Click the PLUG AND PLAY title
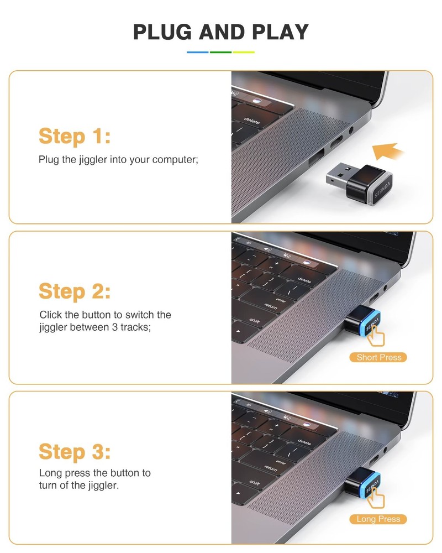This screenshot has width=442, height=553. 221,32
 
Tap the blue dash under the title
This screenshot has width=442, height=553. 198,52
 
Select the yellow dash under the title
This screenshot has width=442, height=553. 244,52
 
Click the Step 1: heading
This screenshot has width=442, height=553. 75,135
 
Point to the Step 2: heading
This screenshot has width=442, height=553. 75,291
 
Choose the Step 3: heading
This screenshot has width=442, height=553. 75,452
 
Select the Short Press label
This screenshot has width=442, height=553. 378,357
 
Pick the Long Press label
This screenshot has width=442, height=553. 378,519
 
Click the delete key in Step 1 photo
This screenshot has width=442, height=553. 252,120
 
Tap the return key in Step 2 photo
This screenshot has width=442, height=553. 271,305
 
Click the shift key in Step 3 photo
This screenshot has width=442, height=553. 255,482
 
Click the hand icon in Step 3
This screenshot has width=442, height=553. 378,497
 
